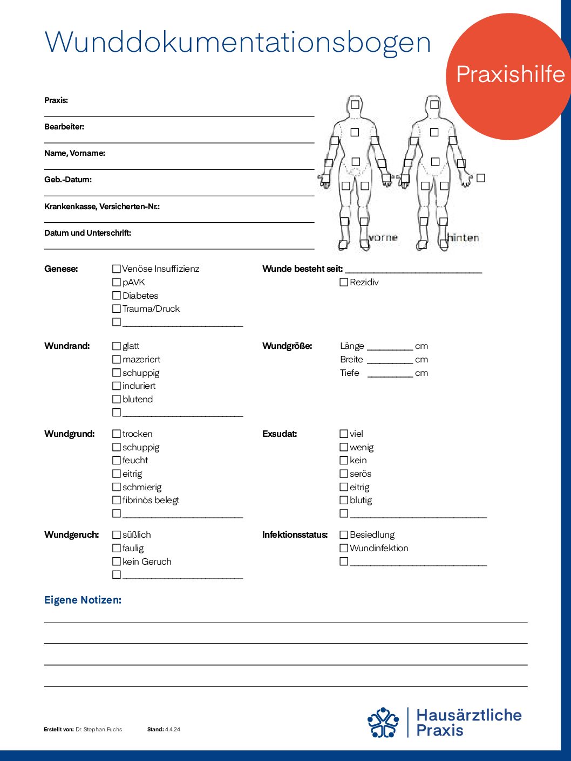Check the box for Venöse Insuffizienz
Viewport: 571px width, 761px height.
[116, 269]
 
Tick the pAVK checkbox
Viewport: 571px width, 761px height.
[116, 282]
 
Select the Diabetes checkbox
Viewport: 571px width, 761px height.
[116, 296]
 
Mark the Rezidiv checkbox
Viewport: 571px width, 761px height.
[344, 282]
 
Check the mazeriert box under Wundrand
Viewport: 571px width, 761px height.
[116, 359]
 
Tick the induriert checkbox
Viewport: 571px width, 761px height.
[116, 386]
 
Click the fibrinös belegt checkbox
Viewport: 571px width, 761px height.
[116, 500]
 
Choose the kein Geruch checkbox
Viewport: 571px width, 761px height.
[116, 561]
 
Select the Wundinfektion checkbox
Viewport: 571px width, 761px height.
[344, 548]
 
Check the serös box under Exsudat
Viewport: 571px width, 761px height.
[344, 474]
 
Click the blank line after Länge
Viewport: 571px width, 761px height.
[390, 348]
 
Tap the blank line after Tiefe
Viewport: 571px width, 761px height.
[390, 375]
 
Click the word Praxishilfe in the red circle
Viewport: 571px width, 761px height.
[510, 74]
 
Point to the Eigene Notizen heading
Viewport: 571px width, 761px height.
[83, 600]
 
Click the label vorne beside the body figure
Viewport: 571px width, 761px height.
[383, 237]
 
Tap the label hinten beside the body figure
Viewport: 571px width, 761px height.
[464, 237]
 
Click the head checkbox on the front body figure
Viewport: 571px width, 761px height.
[355, 104]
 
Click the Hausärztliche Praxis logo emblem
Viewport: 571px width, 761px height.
[383, 722]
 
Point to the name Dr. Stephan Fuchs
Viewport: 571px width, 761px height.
[99, 729]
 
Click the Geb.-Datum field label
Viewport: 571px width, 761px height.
[68, 180]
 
